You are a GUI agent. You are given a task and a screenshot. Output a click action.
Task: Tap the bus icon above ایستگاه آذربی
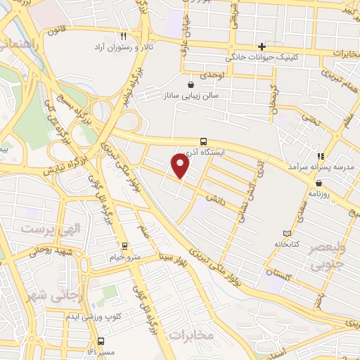[204, 141]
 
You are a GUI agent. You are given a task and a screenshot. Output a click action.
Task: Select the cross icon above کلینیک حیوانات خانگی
[262, 46]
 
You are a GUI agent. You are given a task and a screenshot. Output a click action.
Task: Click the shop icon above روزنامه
[319, 182]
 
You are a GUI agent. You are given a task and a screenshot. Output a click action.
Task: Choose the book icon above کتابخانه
[286, 233]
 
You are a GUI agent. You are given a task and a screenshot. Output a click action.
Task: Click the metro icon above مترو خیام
[124, 246]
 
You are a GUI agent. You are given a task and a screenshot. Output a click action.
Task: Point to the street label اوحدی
[211, 75]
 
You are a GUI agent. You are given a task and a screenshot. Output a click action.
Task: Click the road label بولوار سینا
[172, 260]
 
